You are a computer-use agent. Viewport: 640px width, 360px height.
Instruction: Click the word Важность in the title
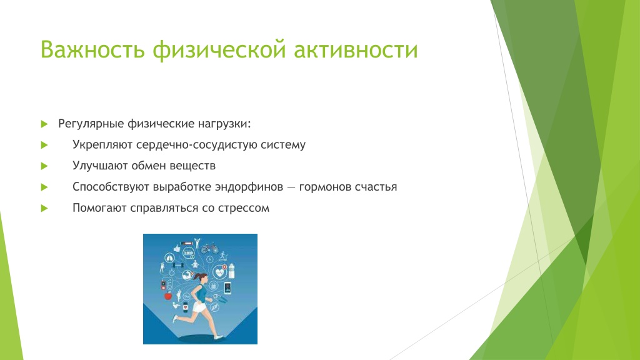(92, 49)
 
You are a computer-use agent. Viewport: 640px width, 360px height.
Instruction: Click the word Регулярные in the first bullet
(91, 124)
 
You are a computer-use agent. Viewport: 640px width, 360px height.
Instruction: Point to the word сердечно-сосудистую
(197, 145)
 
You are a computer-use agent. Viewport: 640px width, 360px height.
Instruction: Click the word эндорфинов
(249, 187)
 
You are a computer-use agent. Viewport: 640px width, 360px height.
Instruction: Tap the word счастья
(376, 187)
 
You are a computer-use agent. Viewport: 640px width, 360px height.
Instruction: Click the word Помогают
(99, 207)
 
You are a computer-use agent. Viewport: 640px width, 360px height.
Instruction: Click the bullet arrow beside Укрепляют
(44, 145)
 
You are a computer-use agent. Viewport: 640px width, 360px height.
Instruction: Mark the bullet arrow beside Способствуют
(44, 187)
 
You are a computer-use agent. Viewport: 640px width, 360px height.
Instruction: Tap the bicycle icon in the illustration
(209, 247)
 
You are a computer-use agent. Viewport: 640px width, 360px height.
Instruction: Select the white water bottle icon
(232, 271)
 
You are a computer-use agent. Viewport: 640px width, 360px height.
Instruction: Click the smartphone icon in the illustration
(227, 287)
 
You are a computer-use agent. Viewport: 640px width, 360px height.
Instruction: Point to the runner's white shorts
(199, 307)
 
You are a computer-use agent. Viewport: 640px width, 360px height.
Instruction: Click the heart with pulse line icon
(219, 272)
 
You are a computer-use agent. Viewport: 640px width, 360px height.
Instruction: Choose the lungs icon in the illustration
(169, 258)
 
